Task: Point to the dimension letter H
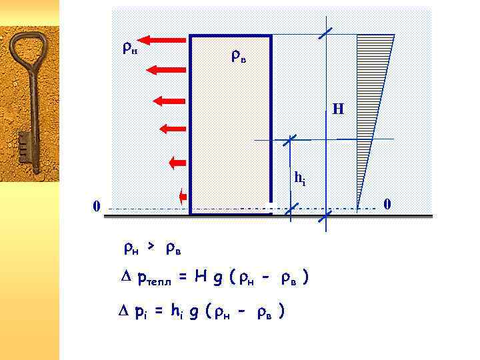(x=338, y=109)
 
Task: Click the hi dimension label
(x=300, y=178)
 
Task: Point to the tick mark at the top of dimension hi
(x=290, y=140)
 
